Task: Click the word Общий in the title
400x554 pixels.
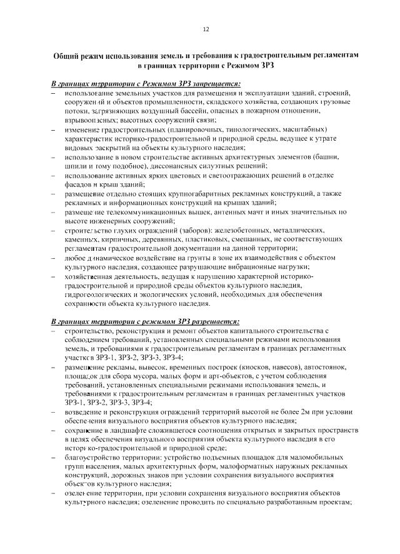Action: click(67, 55)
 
